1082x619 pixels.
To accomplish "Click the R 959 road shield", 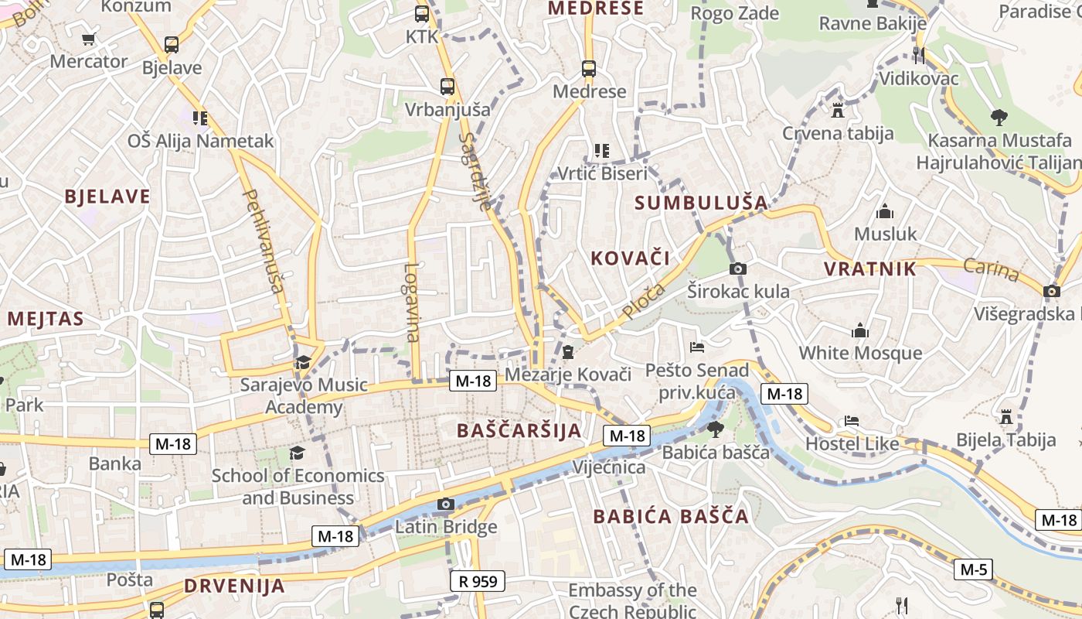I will coord(477,580).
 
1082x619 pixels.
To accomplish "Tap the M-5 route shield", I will coord(973,570).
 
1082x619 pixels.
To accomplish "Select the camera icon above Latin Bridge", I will coord(445,504).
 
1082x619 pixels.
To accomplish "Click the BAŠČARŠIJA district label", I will coord(519,431).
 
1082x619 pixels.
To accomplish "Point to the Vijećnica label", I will coord(609,467).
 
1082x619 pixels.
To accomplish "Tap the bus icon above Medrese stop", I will coord(589,69).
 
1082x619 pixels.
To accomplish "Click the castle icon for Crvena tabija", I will coord(838,110).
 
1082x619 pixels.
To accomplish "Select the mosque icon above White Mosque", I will coord(860,331).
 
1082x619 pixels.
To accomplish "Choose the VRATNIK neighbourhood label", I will coord(869,269).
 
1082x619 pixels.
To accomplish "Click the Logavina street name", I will coord(412,303).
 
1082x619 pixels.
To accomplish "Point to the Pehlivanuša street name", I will coord(264,241).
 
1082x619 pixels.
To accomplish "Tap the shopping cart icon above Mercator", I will coord(89,39).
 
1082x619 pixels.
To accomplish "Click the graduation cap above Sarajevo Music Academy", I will coord(303,362).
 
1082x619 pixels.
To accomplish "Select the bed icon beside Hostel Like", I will coord(851,422).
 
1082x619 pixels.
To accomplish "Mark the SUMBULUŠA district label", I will coord(701,203).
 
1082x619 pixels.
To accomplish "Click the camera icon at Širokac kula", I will coord(738,268).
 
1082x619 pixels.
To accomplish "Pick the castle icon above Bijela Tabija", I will coord(1005,417).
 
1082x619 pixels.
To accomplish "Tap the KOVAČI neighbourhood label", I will coord(630,258).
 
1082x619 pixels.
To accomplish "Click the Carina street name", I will coord(991,270).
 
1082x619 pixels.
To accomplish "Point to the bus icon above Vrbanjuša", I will coord(447,87).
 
